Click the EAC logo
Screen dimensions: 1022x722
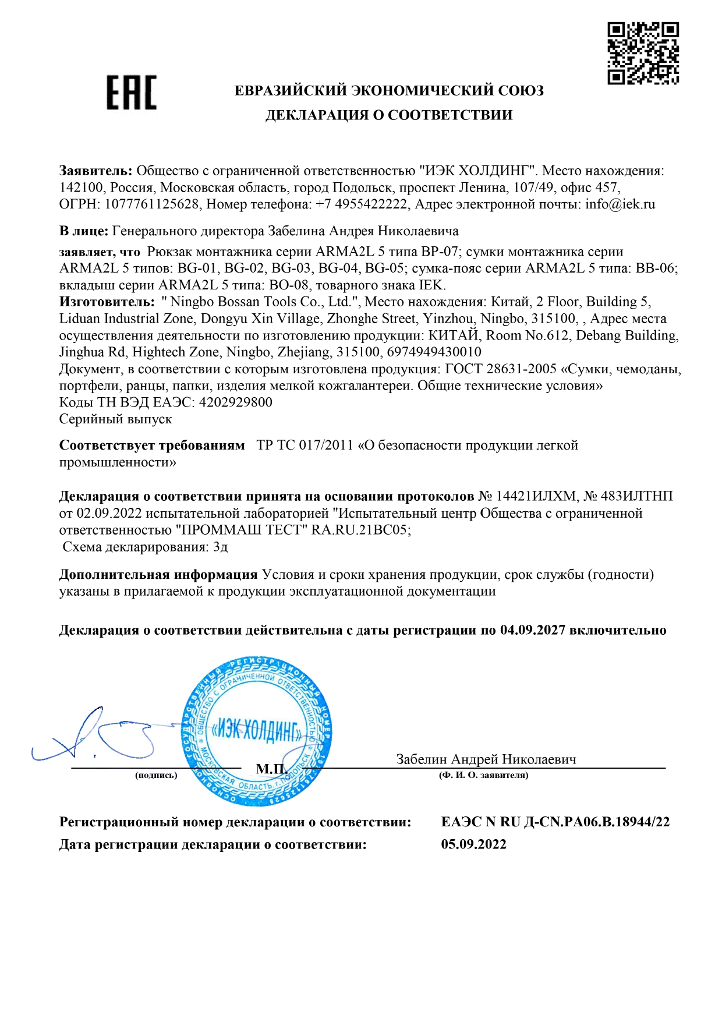pyautogui.click(x=132, y=93)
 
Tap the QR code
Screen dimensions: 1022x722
pyautogui.click(x=643, y=53)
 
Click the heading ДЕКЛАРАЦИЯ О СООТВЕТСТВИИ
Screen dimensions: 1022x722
pyautogui.click(x=389, y=115)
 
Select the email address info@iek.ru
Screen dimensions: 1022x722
pyautogui.click(x=620, y=204)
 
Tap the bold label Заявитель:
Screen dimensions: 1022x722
pyautogui.click(x=96, y=171)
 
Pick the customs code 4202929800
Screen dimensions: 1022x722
pyautogui.click(x=235, y=402)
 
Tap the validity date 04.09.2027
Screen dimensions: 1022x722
pyautogui.click(x=532, y=630)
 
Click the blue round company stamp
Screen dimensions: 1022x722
pyautogui.click(x=257, y=731)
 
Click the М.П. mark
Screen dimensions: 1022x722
pyautogui.click(x=271, y=769)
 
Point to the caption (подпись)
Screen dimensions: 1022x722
pyautogui.click(x=156, y=775)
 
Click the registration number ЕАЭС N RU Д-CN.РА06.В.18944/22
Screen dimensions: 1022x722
pyautogui.click(x=555, y=822)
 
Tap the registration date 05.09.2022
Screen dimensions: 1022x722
pyautogui.click(x=473, y=844)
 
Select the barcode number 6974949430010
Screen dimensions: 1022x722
pyautogui.click(x=434, y=352)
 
